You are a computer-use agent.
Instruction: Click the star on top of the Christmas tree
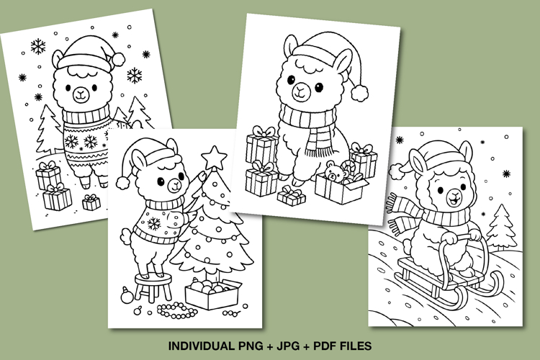point(213,156)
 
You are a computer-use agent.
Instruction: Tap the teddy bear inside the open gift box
point(333,174)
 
